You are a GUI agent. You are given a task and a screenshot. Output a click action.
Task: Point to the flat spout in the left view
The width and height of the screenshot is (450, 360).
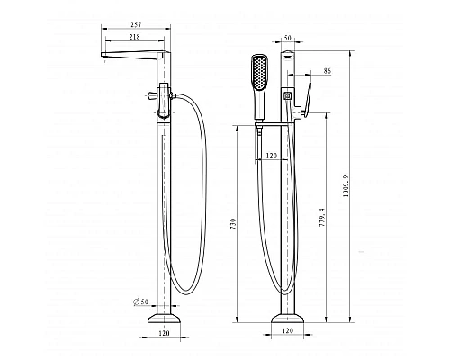click(x=134, y=58)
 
